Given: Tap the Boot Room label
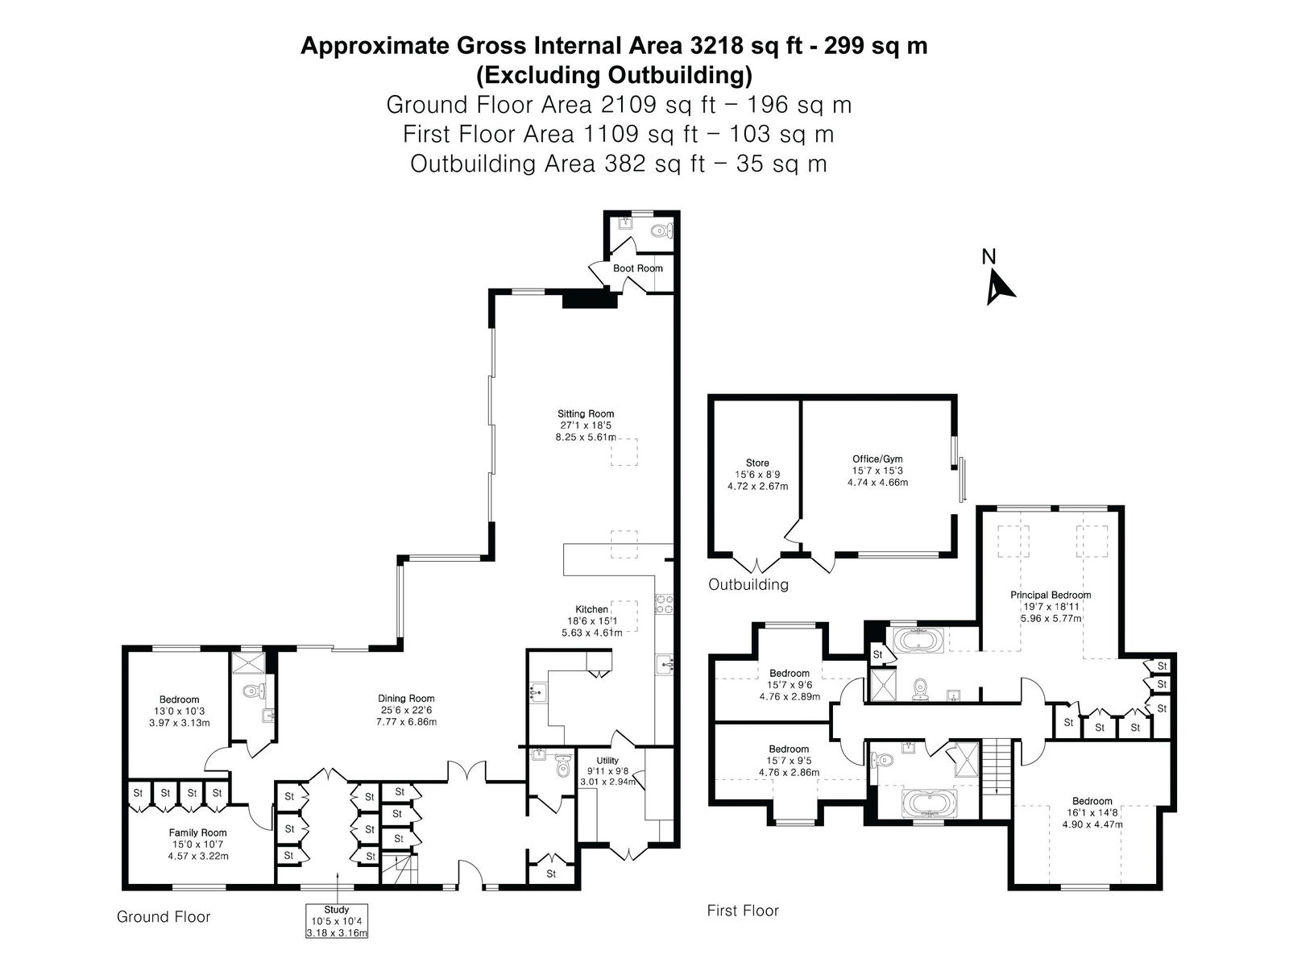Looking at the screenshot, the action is point(638,268).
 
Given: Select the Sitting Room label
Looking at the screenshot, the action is point(586,413).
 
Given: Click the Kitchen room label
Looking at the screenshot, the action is point(591,609).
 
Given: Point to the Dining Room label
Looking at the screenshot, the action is point(406,698).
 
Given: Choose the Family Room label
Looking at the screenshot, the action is point(197,832).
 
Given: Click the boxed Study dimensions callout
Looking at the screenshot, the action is point(337,920).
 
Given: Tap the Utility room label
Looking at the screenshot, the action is point(607,761).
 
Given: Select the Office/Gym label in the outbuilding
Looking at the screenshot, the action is point(877,459).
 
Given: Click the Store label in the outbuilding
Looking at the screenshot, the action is point(757,463).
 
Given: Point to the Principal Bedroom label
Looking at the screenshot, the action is point(1051,595).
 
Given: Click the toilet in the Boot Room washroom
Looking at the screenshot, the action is point(662,230).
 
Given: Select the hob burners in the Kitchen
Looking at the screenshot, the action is point(664,604).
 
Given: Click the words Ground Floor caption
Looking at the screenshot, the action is point(164,916).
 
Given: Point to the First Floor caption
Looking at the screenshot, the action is point(742,910).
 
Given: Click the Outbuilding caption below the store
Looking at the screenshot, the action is point(748,584).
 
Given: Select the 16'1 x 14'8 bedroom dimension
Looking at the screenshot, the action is point(1092,812).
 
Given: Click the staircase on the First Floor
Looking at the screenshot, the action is point(997,767).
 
